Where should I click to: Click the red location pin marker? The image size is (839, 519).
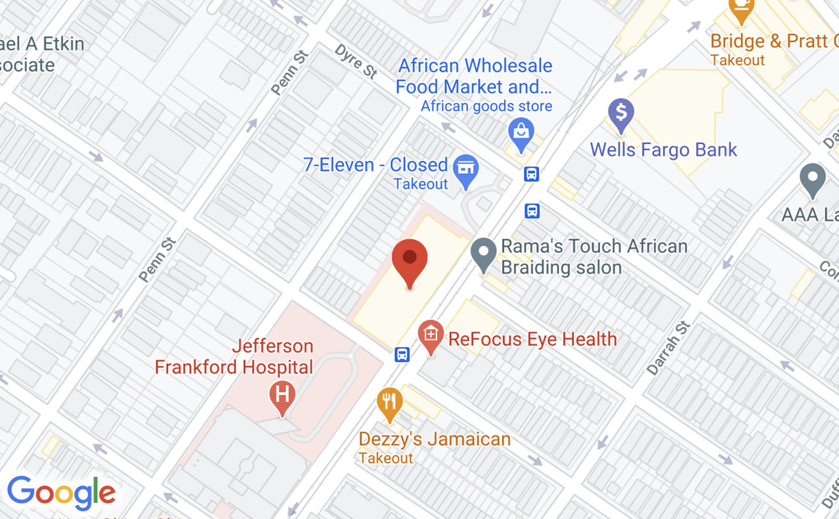(410, 261)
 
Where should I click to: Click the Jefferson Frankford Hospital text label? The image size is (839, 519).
(234, 356)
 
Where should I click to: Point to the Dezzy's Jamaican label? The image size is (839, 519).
(434, 439)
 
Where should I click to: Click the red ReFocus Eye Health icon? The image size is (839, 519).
(431, 335)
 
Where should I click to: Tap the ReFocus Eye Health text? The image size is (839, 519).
(532, 339)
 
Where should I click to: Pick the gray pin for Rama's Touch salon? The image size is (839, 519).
(483, 254)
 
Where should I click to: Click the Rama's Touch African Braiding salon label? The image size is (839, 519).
(594, 256)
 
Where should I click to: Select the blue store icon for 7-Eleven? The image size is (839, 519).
(466, 169)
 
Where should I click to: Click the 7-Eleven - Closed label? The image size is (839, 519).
(375, 165)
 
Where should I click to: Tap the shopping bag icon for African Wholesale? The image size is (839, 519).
(521, 132)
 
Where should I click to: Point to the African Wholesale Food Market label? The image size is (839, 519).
(474, 76)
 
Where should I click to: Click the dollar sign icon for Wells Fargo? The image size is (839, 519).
(621, 114)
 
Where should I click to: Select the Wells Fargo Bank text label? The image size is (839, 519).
(663, 150)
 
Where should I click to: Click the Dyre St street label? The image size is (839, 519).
(357, 60)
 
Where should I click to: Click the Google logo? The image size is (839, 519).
(62, 493)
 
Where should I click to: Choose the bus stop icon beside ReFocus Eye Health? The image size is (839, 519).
(403, 355)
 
